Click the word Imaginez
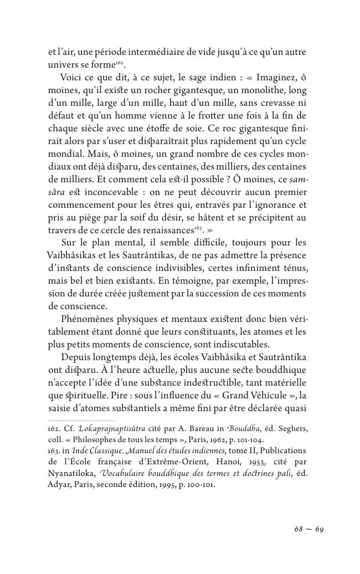273,77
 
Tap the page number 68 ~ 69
308,529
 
